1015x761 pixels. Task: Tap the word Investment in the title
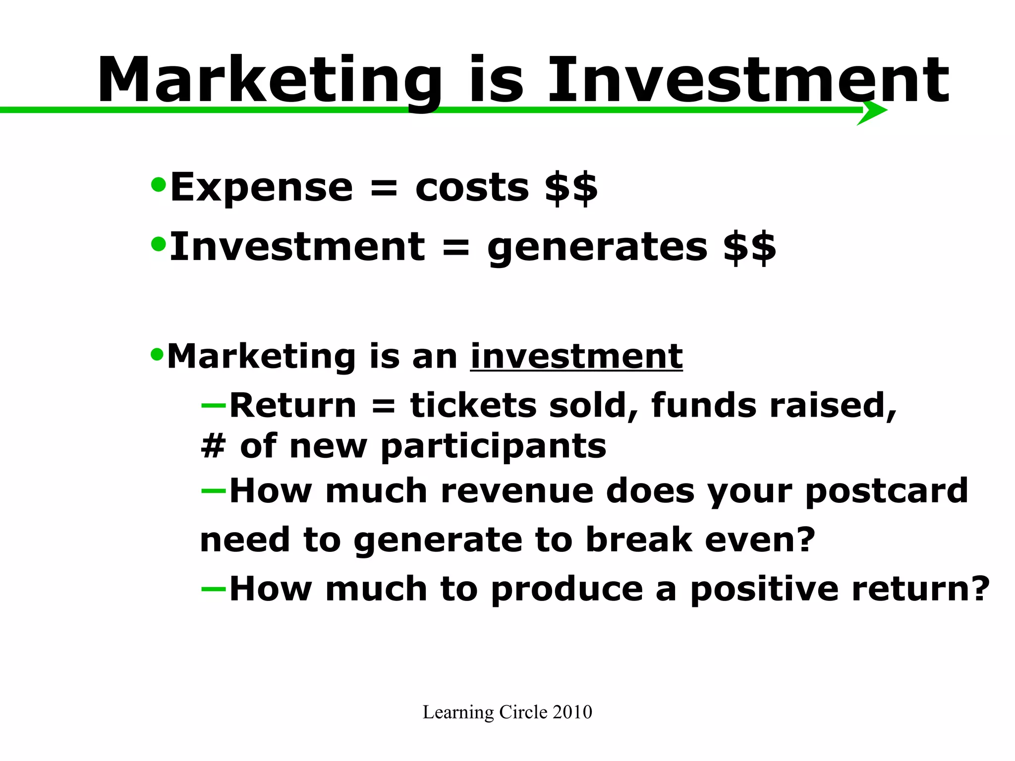tap(748, 80)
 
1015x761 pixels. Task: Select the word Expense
tap(261, 188)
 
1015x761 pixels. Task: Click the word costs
tap(472, 188)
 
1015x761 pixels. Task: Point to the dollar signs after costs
tap(571, 188)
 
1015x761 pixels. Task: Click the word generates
tap(597, 248)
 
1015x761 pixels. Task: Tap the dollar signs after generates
tap(749, 248)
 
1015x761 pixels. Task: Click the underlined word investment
tap(576, 356)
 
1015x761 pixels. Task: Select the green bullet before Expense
tap(158, 185)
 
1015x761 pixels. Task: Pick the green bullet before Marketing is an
tap(157, 354)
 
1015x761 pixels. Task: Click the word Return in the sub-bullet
tap(293, 405)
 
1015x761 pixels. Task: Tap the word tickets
tap(473, 405)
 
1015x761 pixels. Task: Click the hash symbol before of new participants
tap(213, 446)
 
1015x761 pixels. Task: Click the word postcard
tap(887, 491)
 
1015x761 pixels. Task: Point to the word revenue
tap(517, 491)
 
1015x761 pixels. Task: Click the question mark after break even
tap(805, 539)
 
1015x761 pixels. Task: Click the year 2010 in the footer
tap(572, 712)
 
